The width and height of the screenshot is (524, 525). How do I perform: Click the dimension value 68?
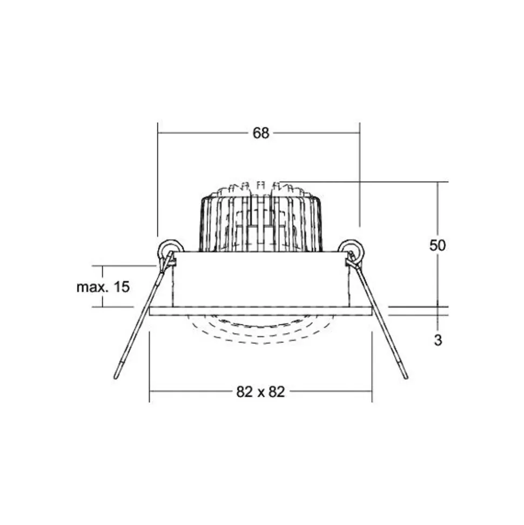click(261, 133)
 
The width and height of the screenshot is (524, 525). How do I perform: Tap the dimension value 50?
click(438, 245)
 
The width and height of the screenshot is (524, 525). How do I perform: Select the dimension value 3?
click(438, 340)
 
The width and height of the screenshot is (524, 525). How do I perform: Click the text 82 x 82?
click(260, 391)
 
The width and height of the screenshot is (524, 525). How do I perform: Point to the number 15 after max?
click(122, 287)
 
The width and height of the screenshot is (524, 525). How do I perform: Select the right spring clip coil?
click(351, 249)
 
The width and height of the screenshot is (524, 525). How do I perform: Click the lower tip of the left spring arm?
click(116, 377)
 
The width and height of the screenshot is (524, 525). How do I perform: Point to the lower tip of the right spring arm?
click(406, 377)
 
